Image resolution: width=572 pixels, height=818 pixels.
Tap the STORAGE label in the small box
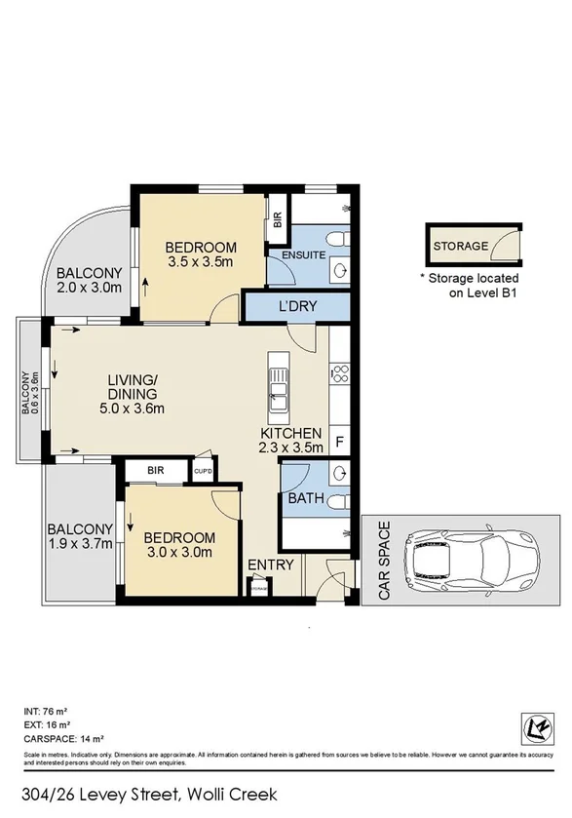point(460,246)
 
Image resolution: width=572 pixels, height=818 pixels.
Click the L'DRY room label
point(298,307)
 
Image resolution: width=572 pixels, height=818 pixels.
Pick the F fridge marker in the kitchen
point(339,441)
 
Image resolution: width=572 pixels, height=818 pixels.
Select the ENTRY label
point(270,565)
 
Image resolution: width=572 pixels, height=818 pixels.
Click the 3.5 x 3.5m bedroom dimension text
point(200,261)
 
